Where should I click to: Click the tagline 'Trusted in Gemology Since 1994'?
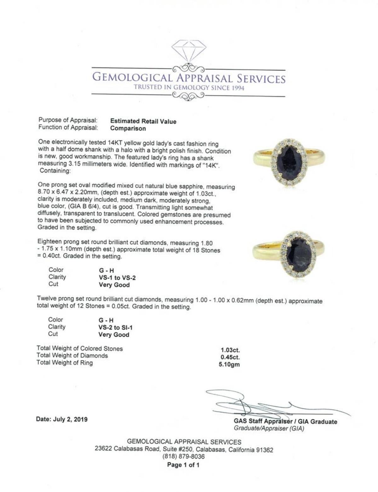click(189, 88)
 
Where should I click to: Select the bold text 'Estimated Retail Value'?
click(143, 122)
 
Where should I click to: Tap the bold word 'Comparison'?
click(128, 128)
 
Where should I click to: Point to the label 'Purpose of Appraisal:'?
click(68, 120)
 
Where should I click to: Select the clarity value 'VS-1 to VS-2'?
click(117, 278)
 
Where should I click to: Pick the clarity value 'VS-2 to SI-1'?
click(116, 327)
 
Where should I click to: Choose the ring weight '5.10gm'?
click(229, 365)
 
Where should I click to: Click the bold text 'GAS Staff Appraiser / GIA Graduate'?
click(285, 421)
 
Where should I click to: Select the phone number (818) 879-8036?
click(184, 456)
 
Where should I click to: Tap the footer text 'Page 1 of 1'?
click(183, 465)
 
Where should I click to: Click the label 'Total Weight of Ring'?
click(65, 363)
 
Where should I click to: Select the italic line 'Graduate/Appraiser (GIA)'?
click(269, 428)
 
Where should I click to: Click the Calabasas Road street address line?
click(184, 450)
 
